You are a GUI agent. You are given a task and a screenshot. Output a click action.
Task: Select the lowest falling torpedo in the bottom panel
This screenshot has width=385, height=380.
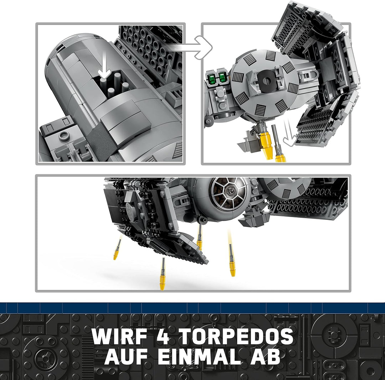pos(163,278)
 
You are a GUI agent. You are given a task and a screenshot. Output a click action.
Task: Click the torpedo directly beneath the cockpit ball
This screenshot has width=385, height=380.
pos(200,238)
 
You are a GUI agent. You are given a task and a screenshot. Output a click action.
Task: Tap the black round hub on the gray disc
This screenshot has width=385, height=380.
pos(266,80)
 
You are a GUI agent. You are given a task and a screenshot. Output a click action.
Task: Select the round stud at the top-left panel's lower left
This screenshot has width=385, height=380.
pos(65,135)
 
